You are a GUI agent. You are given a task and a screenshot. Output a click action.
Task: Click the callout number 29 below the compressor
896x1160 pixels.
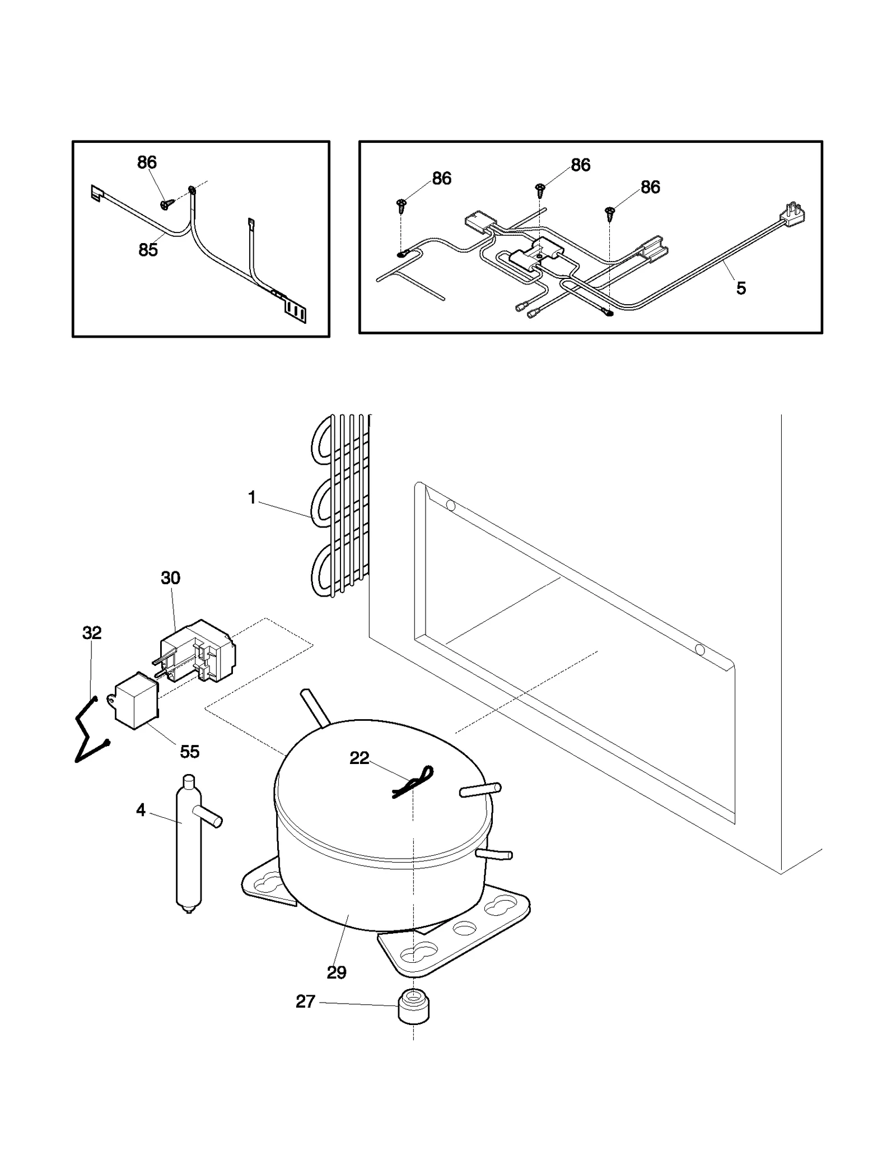point(337,972)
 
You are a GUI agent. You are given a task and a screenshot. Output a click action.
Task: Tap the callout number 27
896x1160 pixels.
point(305,1001)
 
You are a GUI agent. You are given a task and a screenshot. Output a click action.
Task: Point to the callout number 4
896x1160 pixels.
point(141,810)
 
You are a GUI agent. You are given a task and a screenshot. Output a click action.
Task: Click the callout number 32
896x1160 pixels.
point(92,633)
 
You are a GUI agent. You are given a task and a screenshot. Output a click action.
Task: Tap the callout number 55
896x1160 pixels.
point(189,752)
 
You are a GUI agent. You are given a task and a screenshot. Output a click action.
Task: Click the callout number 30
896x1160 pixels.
point(170,578)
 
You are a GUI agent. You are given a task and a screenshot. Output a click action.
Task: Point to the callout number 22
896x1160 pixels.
point(359,758)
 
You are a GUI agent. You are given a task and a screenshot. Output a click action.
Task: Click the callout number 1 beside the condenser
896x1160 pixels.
point(252,497)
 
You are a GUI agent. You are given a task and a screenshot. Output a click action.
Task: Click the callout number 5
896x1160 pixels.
point(741,288)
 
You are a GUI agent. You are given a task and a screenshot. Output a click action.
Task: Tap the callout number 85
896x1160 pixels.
point(148,250)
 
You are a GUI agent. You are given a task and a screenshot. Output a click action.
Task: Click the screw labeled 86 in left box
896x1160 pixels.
point(166,205)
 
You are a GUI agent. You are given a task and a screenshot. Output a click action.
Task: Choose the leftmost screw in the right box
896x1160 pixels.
point(402,206)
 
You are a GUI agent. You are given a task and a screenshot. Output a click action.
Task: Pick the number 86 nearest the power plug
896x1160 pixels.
point(650,187)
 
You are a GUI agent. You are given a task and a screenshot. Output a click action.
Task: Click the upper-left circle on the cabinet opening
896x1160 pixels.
point(450,505)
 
